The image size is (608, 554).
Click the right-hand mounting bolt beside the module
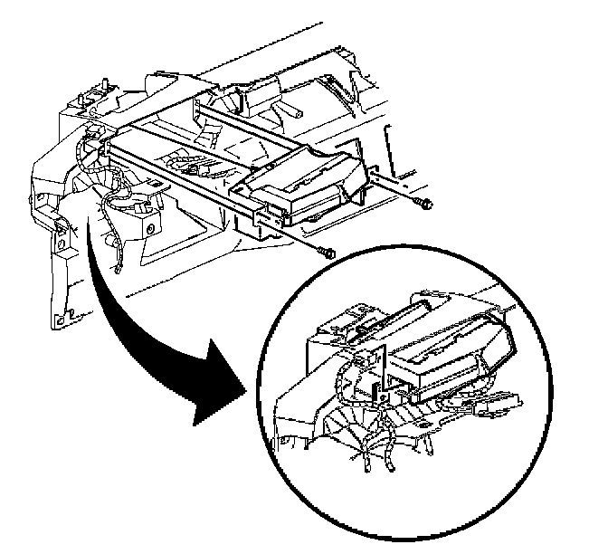[423, 205]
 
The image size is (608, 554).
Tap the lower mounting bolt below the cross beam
[327, 252]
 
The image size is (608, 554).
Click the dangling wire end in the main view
[119, 268]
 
